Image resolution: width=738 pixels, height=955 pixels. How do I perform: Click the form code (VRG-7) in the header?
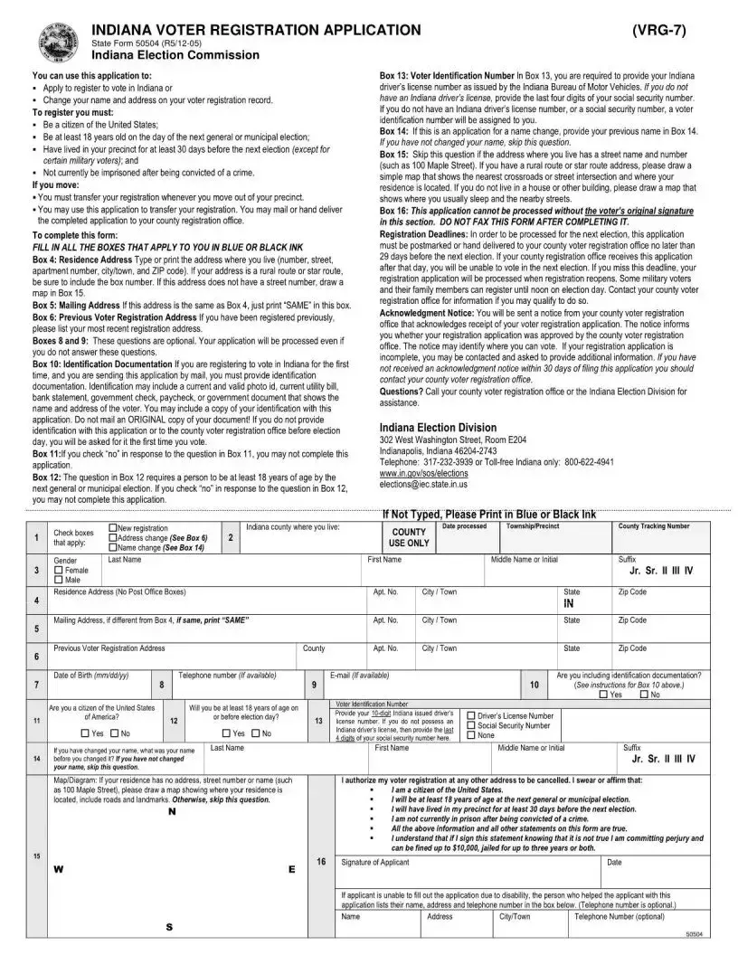(661, 30)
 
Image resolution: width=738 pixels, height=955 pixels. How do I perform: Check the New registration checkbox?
(112, 528)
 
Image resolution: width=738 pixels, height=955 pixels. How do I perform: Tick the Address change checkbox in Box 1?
(112, 538)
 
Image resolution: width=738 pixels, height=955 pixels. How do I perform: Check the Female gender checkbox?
(59, 571)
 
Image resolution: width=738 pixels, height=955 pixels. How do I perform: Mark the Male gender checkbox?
(59, 581)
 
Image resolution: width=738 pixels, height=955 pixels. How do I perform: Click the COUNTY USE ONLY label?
(409, 538)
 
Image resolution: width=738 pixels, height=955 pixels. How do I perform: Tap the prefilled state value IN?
(569, 603)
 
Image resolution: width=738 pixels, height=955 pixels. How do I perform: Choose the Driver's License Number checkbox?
(471, 715)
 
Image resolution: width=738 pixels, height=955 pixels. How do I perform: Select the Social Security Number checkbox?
(471, 725)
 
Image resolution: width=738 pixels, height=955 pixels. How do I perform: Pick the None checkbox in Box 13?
(471, 735)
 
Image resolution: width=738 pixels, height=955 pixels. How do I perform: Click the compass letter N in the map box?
(171, 811)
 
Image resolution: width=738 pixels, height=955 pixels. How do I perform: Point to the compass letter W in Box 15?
(58, 870)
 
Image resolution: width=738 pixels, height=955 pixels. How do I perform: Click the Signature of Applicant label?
(374, 863)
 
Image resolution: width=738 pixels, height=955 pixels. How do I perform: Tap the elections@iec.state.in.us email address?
(423, 485)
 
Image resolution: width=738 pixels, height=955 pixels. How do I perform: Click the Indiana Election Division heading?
(438, 428)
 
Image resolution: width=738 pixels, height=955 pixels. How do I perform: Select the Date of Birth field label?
(91, 676)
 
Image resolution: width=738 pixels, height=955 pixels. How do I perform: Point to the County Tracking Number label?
(653, 526)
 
